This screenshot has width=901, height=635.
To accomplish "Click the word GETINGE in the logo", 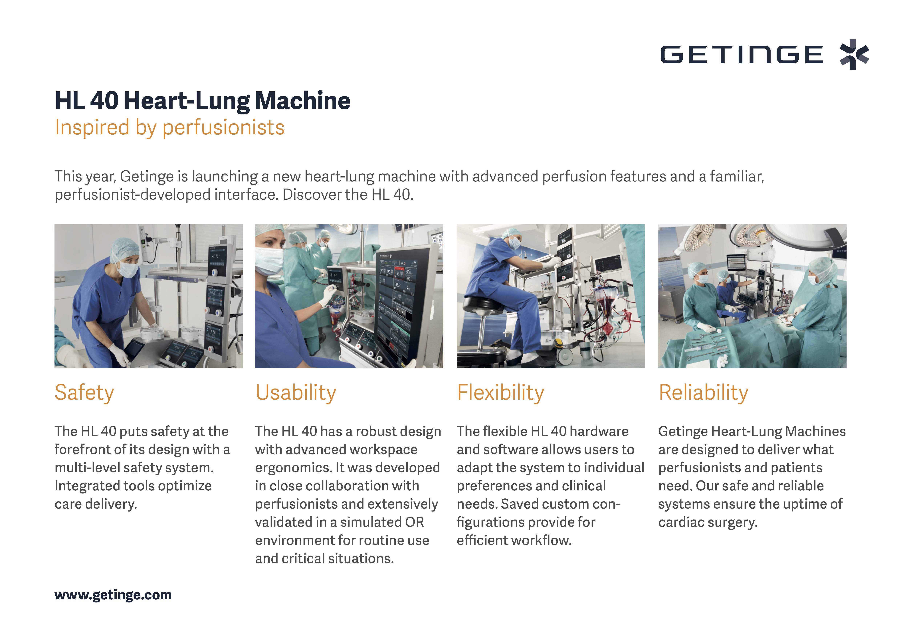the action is (742, 54).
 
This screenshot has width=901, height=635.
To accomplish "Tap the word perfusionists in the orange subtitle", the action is (224, 128).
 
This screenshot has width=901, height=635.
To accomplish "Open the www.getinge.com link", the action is (113, 595).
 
